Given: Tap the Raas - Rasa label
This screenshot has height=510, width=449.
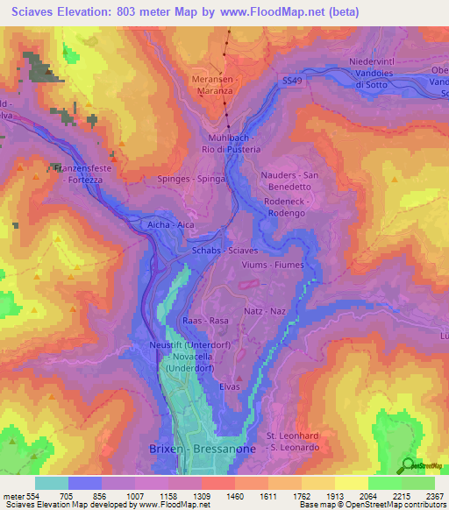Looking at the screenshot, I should (x=205, y=322).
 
